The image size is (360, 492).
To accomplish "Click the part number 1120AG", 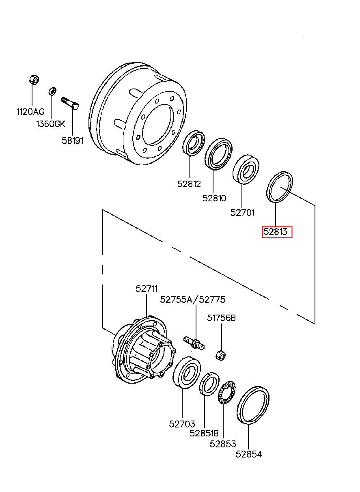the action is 30,112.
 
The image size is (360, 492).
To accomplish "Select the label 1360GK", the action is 51,124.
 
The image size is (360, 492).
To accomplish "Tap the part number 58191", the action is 73,140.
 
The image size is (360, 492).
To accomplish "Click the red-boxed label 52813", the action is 276,232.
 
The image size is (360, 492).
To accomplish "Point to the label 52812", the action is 189,184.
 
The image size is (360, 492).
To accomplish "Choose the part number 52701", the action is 242,213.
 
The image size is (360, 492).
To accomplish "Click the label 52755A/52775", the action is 193,299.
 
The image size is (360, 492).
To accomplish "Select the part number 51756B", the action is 221,318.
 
